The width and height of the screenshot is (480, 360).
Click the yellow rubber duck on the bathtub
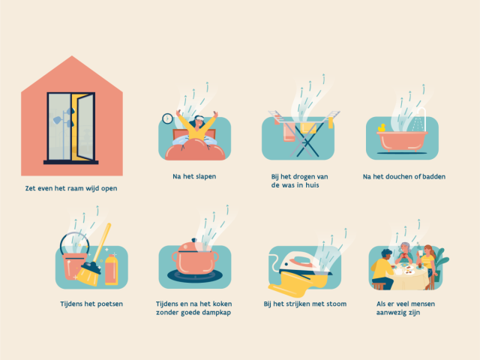(x=382, y=127)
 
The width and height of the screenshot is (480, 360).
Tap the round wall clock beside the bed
(x=167, y=118)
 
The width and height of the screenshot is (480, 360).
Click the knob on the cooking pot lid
(x=194, y=241)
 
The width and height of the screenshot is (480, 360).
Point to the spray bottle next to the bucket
(x=111, y=269)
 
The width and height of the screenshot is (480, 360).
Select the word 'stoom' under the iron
(x=337, y=304)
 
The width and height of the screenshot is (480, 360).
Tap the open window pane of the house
(x=85, y=127)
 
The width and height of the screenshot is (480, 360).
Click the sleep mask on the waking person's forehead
(x=199, y=118)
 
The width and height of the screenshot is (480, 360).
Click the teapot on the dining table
(x=397, y=271)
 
